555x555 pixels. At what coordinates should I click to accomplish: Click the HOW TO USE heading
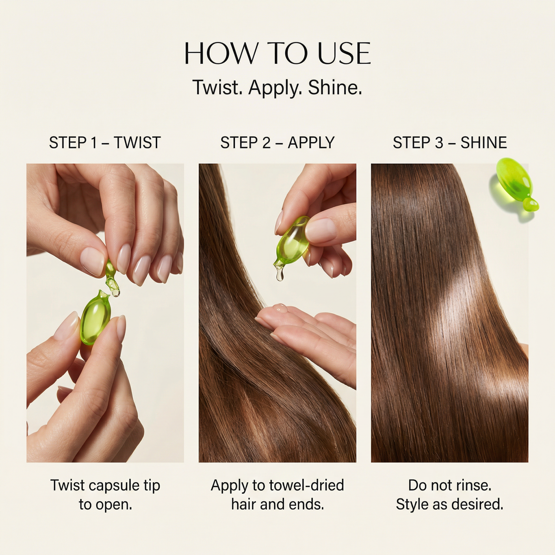coord(277,54)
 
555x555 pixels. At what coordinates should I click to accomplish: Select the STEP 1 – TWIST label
coord(105,142)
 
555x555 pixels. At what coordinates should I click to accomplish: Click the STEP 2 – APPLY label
coord(277,142)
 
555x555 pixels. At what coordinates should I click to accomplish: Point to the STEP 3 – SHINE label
coord(450,142)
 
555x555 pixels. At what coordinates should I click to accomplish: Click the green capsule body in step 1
coord(95,318)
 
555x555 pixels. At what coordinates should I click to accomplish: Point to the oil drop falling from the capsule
coord(280,275)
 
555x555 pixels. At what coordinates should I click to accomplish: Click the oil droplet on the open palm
coord(280,308)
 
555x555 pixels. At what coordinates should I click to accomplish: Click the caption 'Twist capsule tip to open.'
coord(105,494)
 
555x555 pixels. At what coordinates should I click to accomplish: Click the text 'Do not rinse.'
coord(450,485)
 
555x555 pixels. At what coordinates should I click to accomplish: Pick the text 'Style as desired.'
coord(450,504)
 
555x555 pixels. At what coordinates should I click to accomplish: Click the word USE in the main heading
coord(344,54)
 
